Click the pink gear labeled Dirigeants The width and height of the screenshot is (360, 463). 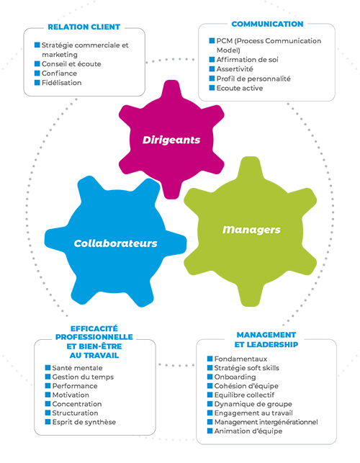pos(171,140)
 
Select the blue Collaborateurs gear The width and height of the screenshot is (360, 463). pos(115,243)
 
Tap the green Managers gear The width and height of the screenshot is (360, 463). pos(251,230)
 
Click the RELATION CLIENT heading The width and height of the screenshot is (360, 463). pos(84,27)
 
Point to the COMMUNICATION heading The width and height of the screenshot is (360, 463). pos(267,24)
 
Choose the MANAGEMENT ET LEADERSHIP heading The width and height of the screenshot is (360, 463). pos(266,340)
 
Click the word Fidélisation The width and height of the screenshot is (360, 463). pos(61,83)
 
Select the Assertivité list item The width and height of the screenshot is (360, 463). pos(235,69)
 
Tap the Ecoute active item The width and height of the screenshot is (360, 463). pos(240,88)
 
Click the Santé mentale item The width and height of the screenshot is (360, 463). pos(77,368)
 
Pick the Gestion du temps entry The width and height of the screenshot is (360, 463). pos(83,377)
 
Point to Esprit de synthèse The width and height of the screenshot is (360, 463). pos(84,422)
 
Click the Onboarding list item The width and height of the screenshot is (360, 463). pos(235,377)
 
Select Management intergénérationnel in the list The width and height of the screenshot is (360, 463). pos(266,422)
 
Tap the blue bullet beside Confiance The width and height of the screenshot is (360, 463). pos(37,73)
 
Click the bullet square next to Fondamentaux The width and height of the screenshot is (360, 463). pos(210,359)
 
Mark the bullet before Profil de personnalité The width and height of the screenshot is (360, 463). pos(212,78)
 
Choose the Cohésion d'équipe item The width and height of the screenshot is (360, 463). pos(246,386)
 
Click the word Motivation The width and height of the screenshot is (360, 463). pos(71,395)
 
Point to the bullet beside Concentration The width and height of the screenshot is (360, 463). pos(48,404)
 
